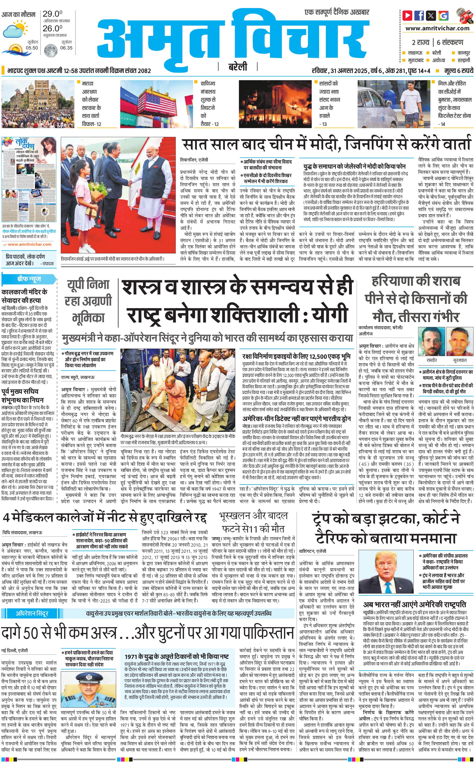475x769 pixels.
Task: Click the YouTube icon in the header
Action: pos(407,15)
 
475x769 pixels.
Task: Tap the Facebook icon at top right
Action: pos(419,15)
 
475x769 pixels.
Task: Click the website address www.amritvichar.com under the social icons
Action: pos(437,28)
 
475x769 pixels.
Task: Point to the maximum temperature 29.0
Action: pos(52,14)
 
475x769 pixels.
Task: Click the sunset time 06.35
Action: pos(66,48)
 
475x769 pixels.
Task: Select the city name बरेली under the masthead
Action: pos(237,67)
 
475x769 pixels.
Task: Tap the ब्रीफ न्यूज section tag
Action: pos(29,279)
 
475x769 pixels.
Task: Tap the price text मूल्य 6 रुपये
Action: pos(458,71)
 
